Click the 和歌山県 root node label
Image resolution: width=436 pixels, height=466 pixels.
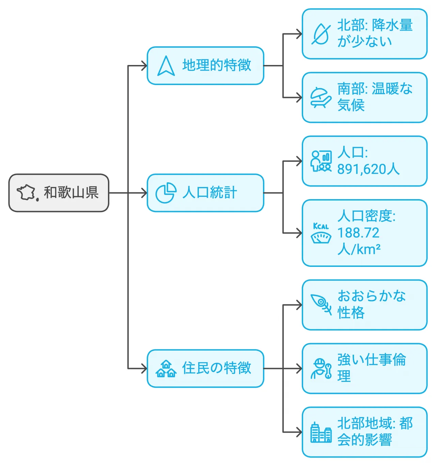(71, 193)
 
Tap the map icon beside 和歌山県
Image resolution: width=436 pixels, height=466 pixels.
(27, 193)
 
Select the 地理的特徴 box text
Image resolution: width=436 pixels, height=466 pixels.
(217, 65)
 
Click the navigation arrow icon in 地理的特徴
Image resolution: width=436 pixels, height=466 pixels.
(166, 66)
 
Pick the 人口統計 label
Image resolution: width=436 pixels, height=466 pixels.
(209, 193)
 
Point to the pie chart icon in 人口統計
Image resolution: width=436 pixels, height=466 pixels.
(166, 193)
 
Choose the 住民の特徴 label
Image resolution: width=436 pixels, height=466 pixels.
(217, 368)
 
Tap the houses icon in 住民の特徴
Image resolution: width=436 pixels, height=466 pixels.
(166, 369)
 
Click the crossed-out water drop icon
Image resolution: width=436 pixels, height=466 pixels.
(321, 34)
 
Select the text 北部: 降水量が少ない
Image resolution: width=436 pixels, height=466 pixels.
(375, 33)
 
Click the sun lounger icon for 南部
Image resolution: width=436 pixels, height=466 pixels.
(321, 98)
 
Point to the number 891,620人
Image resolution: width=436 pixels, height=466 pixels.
(368, 169)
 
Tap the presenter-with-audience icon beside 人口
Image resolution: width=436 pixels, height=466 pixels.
(321, 161)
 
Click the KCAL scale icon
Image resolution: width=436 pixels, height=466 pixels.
(321, 233)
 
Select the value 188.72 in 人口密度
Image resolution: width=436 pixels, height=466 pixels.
(358, 233)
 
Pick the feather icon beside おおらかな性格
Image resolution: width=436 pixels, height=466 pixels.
(321, 304)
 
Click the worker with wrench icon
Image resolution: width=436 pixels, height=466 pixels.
(321, 369)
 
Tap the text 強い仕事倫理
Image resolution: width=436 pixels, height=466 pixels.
(371, 368)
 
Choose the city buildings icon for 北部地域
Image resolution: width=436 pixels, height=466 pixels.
(321, 432)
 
